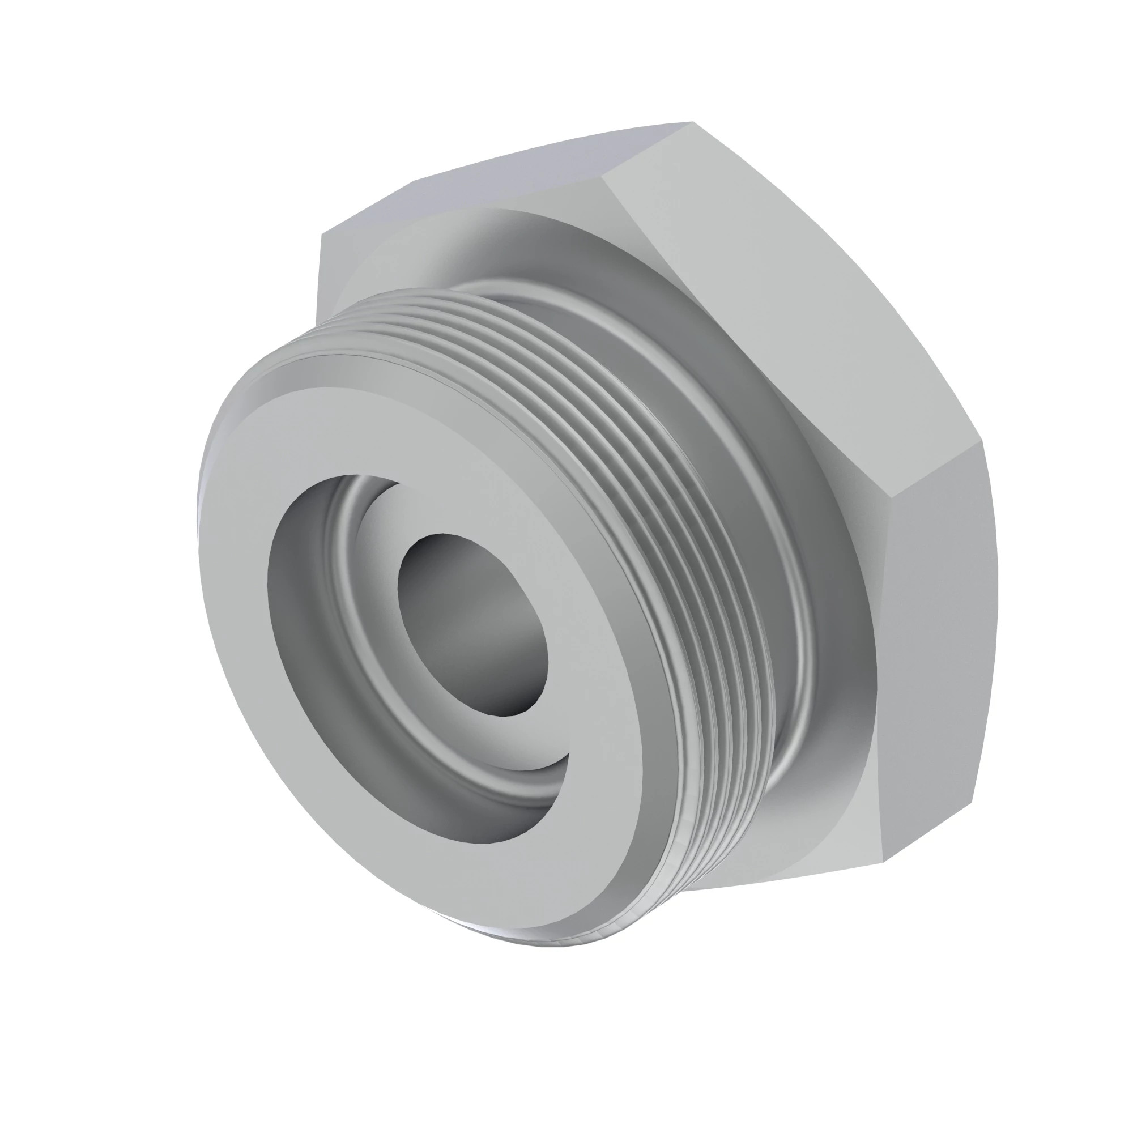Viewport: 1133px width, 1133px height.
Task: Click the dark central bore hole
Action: (x=472, y=624)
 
